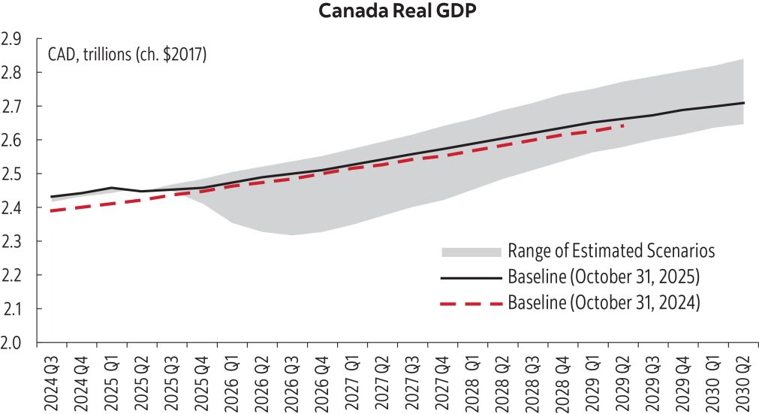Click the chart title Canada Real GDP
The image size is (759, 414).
coord(379,13)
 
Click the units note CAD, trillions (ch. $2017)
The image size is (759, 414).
coord(127,55)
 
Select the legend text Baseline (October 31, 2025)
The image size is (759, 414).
coord(604,277)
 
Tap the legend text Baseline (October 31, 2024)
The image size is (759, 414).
coord(604,303)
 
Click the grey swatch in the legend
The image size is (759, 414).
coord(471,250)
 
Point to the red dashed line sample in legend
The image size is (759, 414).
coord(471,303)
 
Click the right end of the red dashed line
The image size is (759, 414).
coord(623,126)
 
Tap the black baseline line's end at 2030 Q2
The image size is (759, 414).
coord(743,102)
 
